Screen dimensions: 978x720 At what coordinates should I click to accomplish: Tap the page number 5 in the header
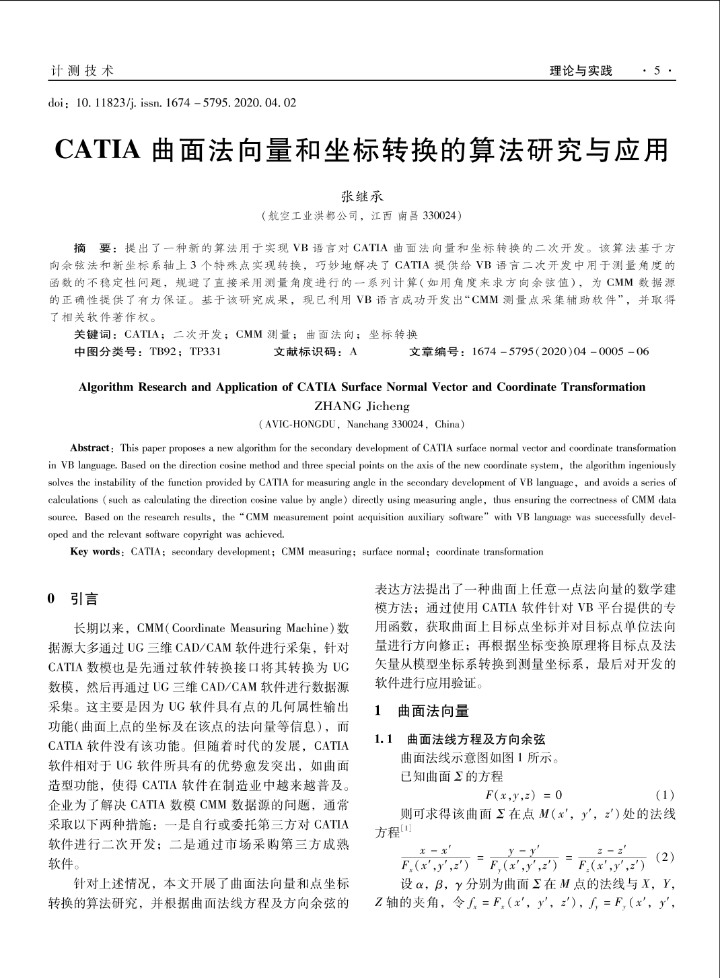click(657, 71)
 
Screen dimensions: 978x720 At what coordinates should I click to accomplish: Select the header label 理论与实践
click(581, 71)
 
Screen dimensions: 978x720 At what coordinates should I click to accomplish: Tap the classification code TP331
click(205, 351)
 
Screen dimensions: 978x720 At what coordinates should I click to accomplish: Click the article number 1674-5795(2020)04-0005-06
click(561, 351)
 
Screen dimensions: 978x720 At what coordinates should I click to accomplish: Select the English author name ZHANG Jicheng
click(361, 406)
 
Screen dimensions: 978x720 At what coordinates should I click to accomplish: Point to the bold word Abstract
click(89, 448)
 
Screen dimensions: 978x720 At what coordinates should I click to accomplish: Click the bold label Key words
click(95, 552)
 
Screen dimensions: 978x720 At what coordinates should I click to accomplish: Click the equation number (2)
click(664, 858)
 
